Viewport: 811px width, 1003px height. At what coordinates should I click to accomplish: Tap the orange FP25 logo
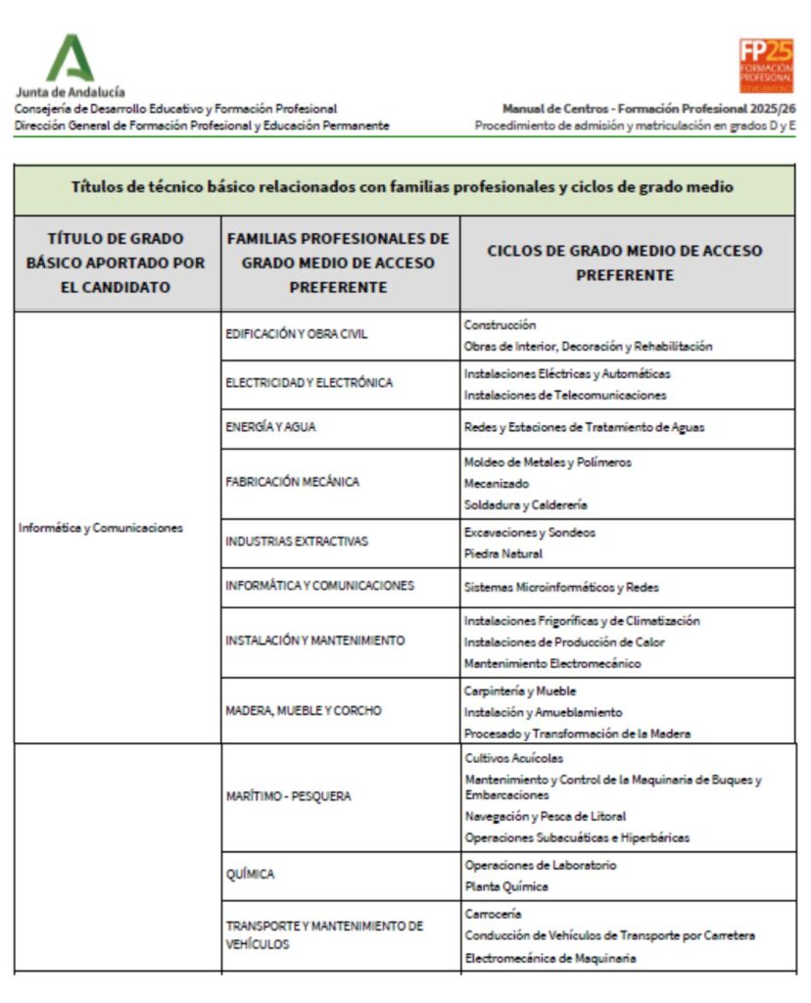point(766,66)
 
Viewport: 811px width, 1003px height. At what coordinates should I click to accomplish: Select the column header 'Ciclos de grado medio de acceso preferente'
point(626,263)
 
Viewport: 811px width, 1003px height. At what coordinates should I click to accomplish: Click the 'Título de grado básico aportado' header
point(117,263)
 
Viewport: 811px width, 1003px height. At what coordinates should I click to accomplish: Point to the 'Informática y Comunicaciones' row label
point(101,527)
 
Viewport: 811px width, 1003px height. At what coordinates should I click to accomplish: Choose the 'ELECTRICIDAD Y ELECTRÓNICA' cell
point(309,383)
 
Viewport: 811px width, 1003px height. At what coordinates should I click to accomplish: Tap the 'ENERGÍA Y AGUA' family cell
point(271,427)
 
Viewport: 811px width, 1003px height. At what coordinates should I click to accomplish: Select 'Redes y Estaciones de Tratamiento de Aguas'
point(584,427)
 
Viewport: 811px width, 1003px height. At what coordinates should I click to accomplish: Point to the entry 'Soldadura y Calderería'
point(525,504)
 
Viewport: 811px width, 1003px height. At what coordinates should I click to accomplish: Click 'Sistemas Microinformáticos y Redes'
point(561,588)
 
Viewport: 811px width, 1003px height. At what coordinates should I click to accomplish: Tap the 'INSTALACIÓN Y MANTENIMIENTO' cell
point(314,641)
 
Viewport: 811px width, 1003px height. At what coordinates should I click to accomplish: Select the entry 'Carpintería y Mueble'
point(520,691)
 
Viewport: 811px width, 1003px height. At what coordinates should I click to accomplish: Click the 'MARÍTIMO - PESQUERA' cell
point(288,796)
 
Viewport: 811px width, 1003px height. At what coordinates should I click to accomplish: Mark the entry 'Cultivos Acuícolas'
point(514,757)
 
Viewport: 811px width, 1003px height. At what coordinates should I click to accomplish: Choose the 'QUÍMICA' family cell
point(251,875)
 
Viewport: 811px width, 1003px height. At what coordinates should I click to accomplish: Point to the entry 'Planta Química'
point(506,886)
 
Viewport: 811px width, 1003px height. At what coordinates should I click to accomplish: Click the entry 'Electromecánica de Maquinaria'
point(549,957)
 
